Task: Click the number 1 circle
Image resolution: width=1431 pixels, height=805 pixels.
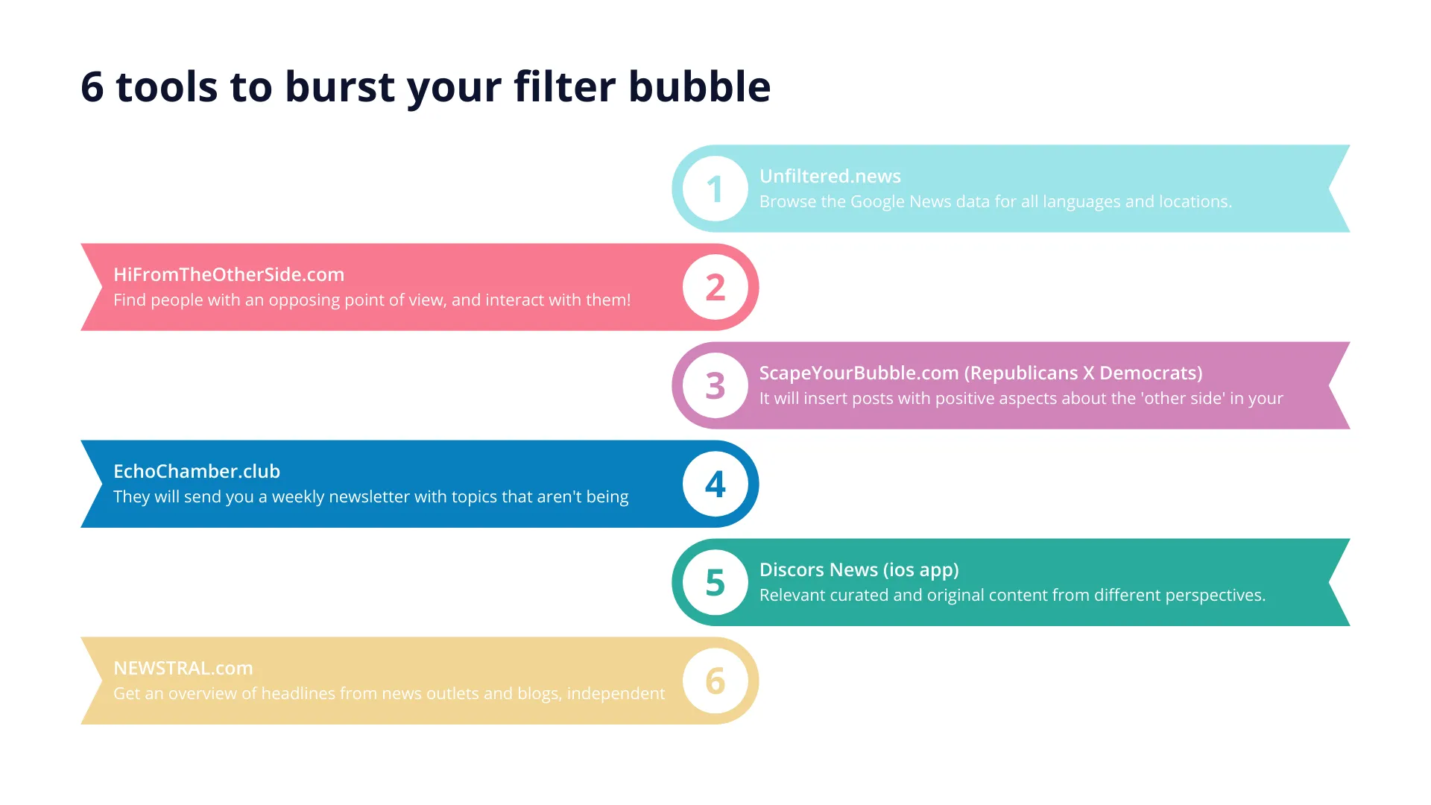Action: click(x=715, y=189)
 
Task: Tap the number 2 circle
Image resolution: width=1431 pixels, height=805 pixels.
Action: click(x=715, y=287)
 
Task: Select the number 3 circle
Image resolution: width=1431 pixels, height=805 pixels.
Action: click(x=715, y=385)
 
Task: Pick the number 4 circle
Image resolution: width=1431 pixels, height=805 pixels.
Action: click(x=715, y=484)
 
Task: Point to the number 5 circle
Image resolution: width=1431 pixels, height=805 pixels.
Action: click(x=715, y=582)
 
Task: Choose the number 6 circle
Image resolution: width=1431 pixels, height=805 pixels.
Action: click(x=715, y=681)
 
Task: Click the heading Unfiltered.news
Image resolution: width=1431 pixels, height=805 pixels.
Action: click(x=830, y=176)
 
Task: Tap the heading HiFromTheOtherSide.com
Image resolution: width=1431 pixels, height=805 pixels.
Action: click(x=229, y=274)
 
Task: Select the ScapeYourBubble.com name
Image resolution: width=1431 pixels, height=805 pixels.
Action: click(x=859, y=373)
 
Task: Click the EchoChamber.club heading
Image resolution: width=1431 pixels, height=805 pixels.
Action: click(x=197, y=471)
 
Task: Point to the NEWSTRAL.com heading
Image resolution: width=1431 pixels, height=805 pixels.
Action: click(x=183, y=668)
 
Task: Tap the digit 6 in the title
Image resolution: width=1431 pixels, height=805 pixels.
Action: click(x=92, y=87)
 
